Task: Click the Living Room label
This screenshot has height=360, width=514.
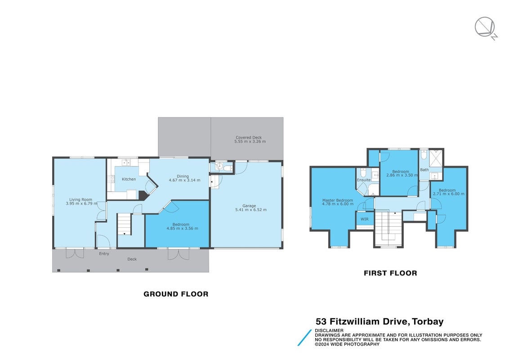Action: tap(80, 199)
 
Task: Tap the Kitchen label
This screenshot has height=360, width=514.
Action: tap(129, 179)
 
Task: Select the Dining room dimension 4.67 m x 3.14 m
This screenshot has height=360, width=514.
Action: tap(184, 180)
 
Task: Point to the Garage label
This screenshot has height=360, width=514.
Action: tap(249, 206)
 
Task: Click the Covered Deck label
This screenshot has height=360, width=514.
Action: tap(249, 138)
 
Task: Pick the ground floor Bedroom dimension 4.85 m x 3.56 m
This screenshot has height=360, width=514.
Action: tap(182, 229)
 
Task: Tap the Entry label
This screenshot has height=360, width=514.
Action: tap(104, 254)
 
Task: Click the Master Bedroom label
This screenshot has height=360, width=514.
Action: tap(338, 200)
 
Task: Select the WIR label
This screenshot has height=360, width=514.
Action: tap(365, 219)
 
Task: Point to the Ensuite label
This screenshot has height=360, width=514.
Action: tap(364, 180)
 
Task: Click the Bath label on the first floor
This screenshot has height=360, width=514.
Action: tap(424, 170)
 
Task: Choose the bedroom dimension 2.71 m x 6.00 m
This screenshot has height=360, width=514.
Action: tap(448, 193)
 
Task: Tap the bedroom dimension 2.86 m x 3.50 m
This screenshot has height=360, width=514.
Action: tap(402, 175)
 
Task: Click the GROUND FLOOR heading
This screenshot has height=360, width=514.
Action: tap(176, 294)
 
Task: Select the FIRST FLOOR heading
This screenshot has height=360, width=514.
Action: tap(390, 273)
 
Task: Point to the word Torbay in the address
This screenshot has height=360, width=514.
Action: tap(428, 321)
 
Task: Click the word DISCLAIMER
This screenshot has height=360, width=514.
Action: tap(329, 330)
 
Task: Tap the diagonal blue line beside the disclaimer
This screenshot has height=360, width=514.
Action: tap(304, 337)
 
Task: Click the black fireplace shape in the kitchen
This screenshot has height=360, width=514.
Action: tap(143, 195)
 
